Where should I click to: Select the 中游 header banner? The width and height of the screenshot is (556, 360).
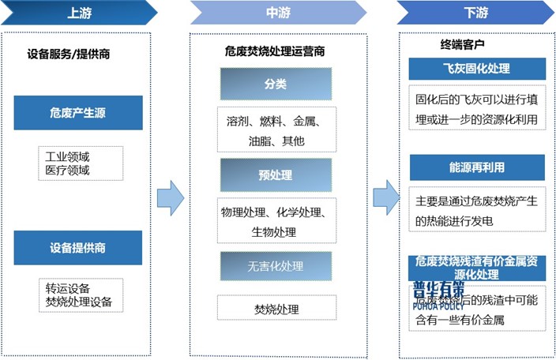[277, 13]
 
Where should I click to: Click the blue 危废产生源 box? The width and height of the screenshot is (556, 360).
[78, 113]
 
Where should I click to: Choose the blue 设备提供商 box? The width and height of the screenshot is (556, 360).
[78, 247]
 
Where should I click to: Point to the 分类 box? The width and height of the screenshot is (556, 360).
[276, 84]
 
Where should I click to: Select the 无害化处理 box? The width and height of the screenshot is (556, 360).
[276, 266]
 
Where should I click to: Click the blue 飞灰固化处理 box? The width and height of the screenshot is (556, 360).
[476, 69]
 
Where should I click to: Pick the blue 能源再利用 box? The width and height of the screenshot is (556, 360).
[476, 167]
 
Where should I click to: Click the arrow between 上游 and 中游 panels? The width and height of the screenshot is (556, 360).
[171, 197]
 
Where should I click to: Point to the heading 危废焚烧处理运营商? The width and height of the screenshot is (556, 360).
[275, 51]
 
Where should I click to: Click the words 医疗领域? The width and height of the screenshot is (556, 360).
[68, 170]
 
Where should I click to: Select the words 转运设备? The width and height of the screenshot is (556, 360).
[68, 288]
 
